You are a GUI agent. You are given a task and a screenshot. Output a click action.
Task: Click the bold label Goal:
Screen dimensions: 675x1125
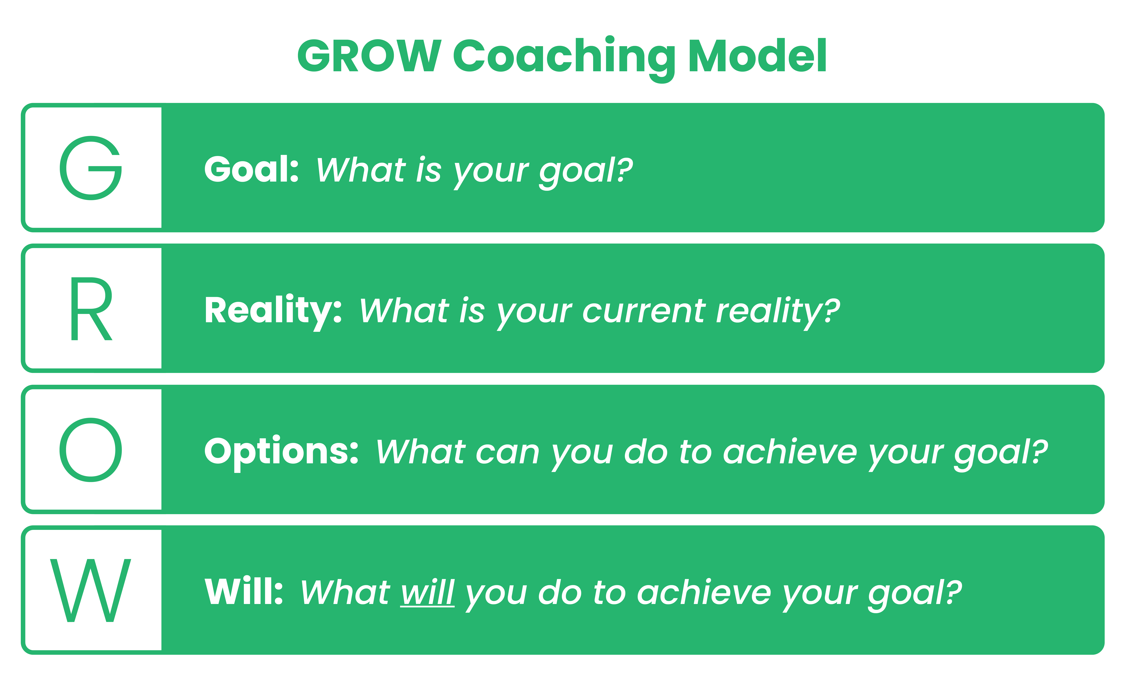pos(251,169)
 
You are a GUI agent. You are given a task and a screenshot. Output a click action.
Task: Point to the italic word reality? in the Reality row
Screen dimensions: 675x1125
pos(778,312)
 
